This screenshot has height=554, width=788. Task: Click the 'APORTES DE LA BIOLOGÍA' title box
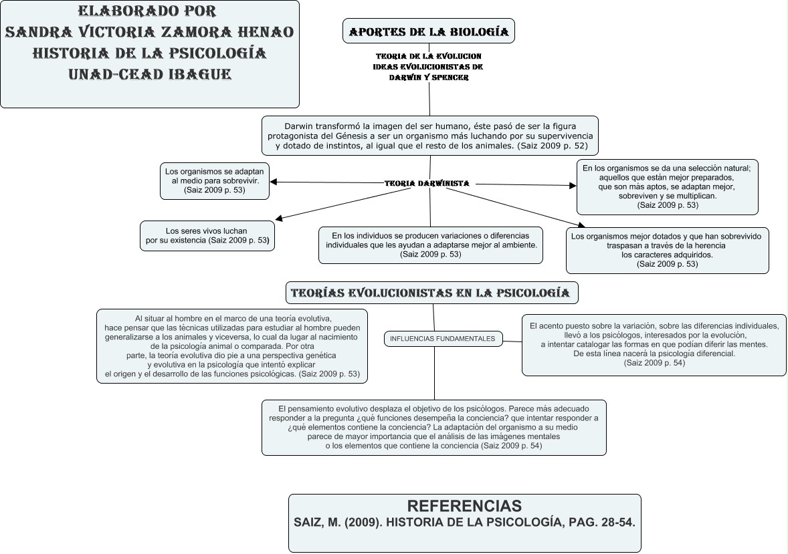(x=429, y=31)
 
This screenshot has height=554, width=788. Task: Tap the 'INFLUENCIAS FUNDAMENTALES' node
(x=442, y=339)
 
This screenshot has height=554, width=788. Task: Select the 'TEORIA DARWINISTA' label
(x=427, y=183)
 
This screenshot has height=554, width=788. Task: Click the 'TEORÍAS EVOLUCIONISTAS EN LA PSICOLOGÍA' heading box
(x=431, y=293)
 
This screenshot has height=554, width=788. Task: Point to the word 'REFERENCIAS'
(x=464, y=506)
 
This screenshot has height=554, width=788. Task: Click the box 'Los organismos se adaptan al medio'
(x=214, y=180)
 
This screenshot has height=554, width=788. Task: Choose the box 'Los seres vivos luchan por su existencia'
(x=207, y=235)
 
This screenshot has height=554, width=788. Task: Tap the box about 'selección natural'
(x=667, y=186)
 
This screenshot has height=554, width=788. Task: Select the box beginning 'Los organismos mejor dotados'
(x=667, y=250)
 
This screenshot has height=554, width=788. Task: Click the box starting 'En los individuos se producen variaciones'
(x=430, y=245)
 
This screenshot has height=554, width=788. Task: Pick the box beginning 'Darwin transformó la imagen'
(x=430, y=136)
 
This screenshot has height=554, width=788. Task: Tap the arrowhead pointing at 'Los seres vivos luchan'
(x=279, y=218)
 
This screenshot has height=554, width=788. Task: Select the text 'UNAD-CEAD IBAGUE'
(x=150, y=74)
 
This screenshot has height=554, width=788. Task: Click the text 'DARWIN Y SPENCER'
(x=429, y=78)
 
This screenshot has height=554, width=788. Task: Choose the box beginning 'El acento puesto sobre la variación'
(x=654, y=344)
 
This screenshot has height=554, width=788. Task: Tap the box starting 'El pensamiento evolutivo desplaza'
(x=433, y=426)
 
